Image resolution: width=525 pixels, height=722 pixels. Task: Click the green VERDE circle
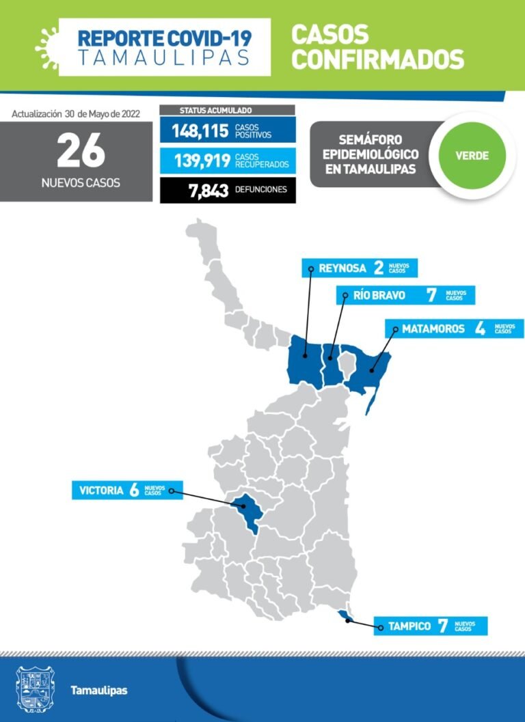tap(472, 155)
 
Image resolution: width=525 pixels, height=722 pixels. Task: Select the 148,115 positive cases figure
tap(199, 130)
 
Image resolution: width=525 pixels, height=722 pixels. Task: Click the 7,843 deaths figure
tap(208, 191)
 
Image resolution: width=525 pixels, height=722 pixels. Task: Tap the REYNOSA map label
tap(342, 268)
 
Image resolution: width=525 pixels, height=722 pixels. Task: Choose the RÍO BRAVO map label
tap(379, 296)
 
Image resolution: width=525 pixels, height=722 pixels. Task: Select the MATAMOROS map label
tap(433, 329)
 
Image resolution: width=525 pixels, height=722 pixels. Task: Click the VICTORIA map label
tap(101, 490)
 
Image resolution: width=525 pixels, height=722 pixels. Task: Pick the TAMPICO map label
tap(409, 626)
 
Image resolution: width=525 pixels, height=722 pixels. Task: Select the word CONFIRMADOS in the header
tap(377, 59)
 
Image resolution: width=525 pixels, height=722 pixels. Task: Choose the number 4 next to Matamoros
tap(480, 329)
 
